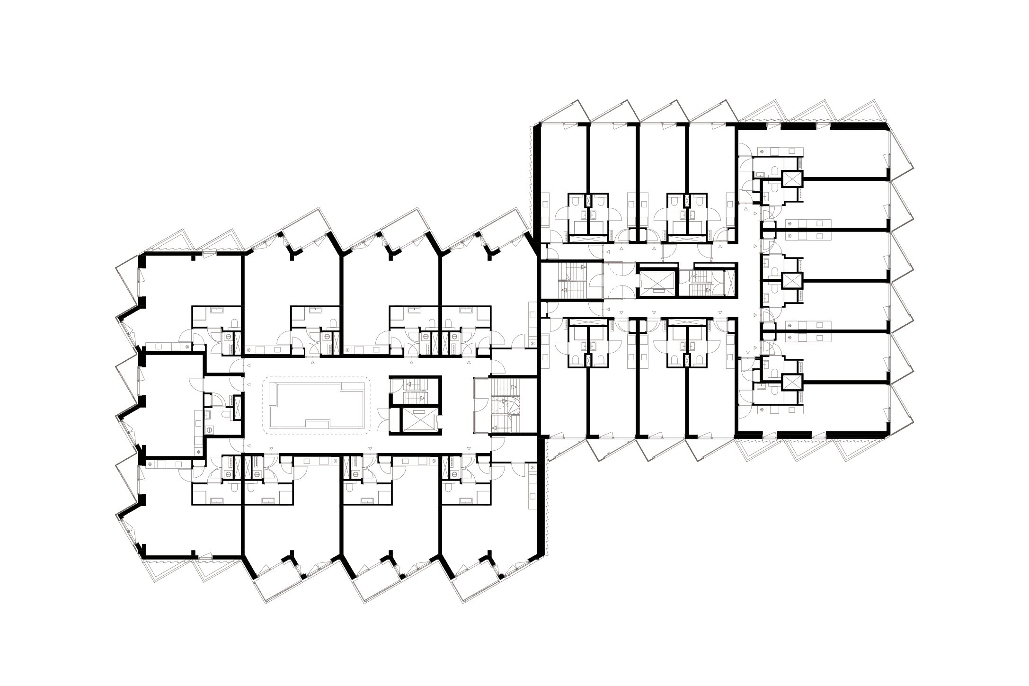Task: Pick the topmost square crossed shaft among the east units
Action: tap(792, 179)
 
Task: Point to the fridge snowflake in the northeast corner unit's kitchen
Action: tap(761, 151)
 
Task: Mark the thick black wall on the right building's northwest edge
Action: tap(537, 180)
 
